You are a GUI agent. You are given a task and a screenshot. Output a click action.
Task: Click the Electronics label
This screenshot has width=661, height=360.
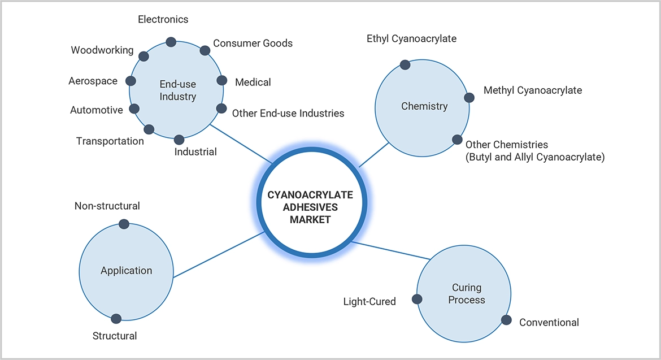(x=163, y=19)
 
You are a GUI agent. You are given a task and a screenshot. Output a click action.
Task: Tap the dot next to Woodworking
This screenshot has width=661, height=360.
(x=144, y=56)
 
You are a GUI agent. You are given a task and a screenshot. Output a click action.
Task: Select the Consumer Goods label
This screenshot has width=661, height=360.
(x=253, y=43)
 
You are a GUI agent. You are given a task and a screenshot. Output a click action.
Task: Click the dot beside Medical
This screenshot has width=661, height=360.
(x=222, y=80)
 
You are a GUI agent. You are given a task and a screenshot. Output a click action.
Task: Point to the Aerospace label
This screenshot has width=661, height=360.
(x=93, y=81)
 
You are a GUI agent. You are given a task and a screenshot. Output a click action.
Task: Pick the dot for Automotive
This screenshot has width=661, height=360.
(x=134, y=109)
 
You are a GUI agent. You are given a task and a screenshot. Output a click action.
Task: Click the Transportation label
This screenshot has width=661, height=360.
(x=110, y=141)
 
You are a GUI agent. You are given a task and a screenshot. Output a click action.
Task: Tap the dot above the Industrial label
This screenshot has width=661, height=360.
(x=179, y=140)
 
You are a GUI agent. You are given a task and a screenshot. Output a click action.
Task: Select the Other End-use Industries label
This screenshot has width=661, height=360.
(x=288, y=113)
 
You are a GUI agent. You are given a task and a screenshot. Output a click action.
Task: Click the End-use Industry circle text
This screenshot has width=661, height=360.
(x=177, y=90)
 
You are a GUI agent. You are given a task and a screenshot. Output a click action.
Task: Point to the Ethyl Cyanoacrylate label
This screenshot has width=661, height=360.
(x=411, y=38)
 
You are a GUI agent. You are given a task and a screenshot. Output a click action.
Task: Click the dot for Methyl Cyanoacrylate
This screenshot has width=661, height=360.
(x=469, y=97)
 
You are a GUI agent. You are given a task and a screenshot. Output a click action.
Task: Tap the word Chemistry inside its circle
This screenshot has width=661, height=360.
(x=424, y=106)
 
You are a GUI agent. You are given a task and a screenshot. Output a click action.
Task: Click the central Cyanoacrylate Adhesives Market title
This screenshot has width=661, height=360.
(x=310, y=207)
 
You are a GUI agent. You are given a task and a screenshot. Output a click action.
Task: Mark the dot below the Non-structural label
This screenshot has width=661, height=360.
(x=124, y=224)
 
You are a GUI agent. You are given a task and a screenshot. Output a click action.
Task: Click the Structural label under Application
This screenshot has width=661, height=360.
(x=115, y=336)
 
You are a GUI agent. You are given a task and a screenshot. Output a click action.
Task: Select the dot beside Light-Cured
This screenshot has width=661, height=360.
(x=417, y=300)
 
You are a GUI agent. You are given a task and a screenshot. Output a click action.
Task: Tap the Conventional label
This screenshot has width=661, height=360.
(x=549, y=322)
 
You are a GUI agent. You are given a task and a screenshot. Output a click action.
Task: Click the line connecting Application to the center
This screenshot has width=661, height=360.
(x=218, y=255)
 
